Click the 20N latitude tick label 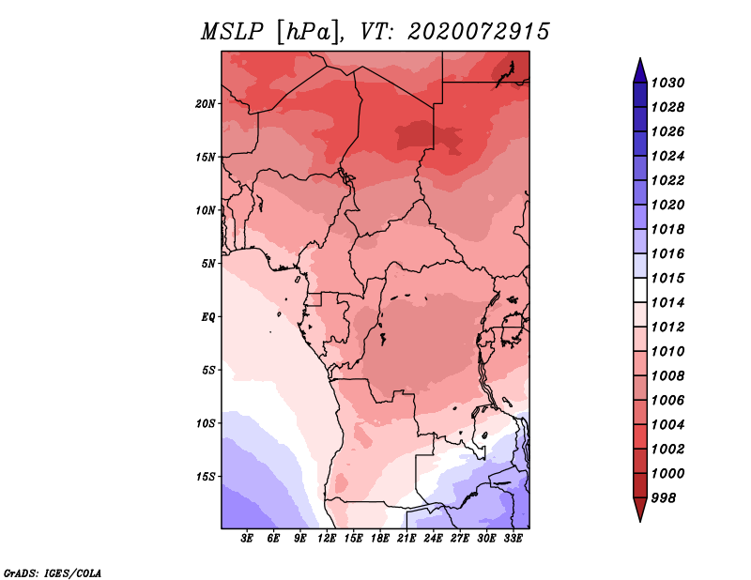(x=206, y=104)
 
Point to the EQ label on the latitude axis (x=208, y=317)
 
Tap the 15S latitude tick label (x=206, y=477)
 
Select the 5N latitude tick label (x=208, y=264)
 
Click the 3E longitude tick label (x=247, y=539)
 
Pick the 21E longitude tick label (x=406, y=539)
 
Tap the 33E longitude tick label (x=513, y=539)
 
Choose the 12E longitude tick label (x=327, y=539)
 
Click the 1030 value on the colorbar (x=667, y=83)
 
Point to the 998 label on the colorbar (x=664, y=498)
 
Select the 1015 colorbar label (x=667, y=278)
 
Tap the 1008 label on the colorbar (x=667, y=376)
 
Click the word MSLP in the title (x=232, y=32)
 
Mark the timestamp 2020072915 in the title (x=478, y=32)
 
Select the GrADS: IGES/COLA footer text (x=53, y=572)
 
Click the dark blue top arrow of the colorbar (x=640, y=72)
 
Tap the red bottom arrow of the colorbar (x=640, y=509)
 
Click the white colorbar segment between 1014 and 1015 (x=640, y=290)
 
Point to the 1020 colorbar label (x=667, y=205)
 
